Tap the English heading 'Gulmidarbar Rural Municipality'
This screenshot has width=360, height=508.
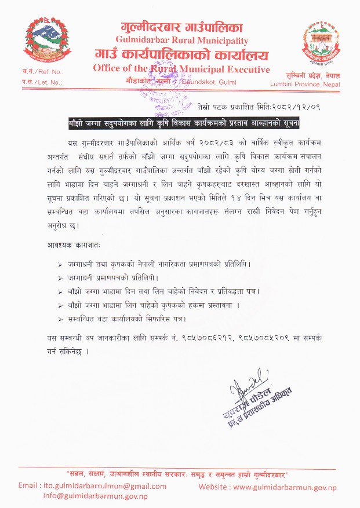[181, 41]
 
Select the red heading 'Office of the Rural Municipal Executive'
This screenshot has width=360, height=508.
[181, 70]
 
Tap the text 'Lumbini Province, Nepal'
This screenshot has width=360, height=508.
[305, 84]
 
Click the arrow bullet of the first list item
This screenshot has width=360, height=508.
[61, 264]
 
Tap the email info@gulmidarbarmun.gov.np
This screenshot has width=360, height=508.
[95, 496]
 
